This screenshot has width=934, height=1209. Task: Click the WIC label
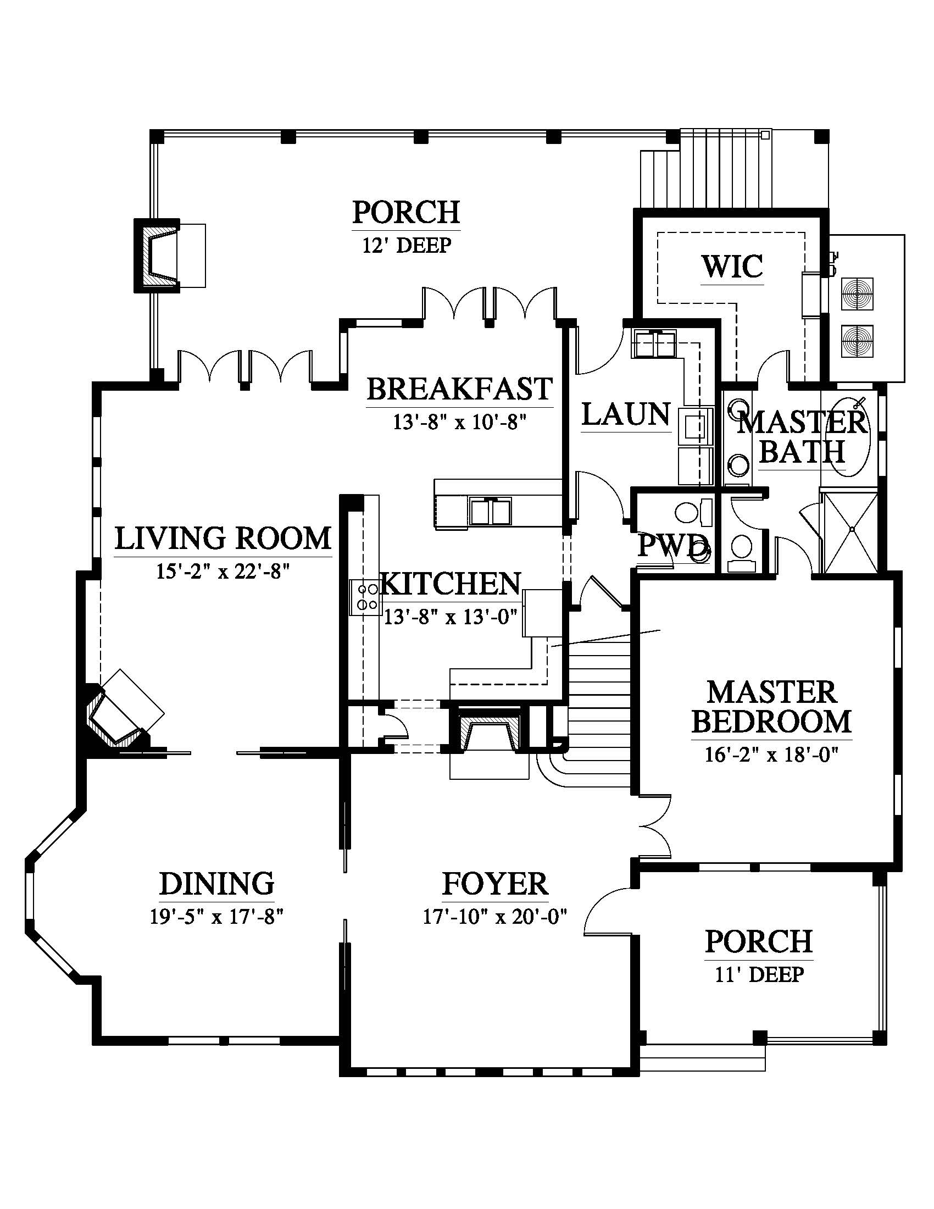tap(732, 267)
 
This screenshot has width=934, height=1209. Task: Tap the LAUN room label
tap(626, 414)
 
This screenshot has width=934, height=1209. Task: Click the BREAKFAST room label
tap(460, 389)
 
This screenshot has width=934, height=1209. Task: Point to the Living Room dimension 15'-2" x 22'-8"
tap(224, 571)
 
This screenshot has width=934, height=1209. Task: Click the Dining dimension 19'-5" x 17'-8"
tap(217, 917)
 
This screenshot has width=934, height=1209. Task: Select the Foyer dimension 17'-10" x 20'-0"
tap(496, 917)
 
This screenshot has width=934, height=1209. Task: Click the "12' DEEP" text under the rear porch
tap(407, 245)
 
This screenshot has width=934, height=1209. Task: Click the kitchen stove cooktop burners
tap(365, 597)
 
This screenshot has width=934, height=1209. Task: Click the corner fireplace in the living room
tap(123, 714)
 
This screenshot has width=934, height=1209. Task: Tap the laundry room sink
tap(654, 344)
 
